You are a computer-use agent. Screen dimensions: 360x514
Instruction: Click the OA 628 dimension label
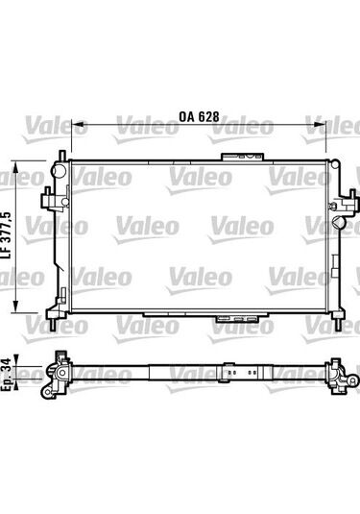(x=199, y=116)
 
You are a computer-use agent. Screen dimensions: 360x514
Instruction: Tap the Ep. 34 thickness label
(x=7, y=375)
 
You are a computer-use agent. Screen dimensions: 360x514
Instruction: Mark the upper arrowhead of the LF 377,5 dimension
(x=15, y=170)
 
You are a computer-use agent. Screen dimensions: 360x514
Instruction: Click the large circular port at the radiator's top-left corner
(x=60, y=169)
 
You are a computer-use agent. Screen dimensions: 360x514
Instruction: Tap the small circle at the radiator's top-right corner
(x=335, y=163)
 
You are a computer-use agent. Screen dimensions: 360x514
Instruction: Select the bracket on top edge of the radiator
(x=243, y=157)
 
